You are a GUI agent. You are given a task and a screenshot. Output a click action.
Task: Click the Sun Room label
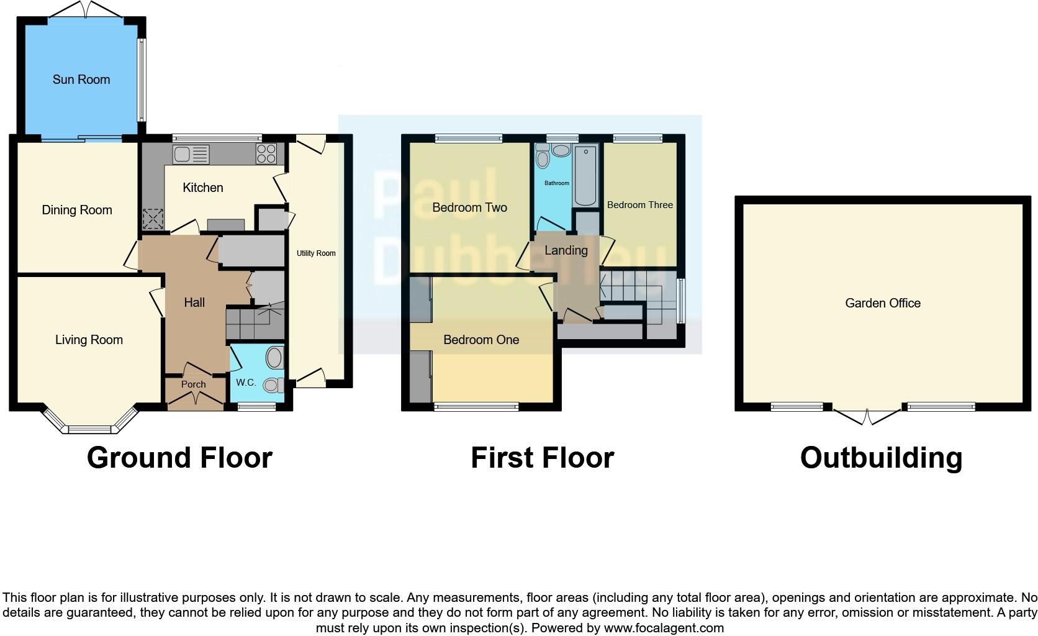tap(81, 79)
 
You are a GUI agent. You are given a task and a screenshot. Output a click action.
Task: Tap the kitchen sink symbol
tap(191, 153)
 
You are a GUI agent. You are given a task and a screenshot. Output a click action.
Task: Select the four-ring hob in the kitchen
tap(266, 153)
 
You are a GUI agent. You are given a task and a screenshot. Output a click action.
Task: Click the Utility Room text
tap(316, 253)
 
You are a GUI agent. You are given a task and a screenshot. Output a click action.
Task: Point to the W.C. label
tap(246, 382)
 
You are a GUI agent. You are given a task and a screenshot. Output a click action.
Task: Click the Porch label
tap(193, 384)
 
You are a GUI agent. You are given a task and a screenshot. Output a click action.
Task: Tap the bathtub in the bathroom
tap(585, 175)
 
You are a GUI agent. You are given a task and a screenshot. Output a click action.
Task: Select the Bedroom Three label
tap(639, 205)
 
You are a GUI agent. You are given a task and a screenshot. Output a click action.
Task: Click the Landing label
tap(566, 250)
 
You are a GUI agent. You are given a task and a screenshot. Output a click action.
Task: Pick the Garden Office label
tap(882, 303)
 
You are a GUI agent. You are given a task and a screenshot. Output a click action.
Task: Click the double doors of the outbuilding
tap(867, 416)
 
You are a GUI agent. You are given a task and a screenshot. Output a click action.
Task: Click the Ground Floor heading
tap(179, 458)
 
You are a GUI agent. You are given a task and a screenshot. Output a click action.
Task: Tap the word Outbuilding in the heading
tap(881, 458)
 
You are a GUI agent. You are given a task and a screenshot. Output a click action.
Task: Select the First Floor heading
tap(542, 458)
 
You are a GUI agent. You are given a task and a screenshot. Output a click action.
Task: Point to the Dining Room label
tap(77, 210)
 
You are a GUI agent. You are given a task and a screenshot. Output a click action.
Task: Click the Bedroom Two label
tap(469, 207)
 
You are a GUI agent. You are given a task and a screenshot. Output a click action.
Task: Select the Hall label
tap(194, 302)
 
